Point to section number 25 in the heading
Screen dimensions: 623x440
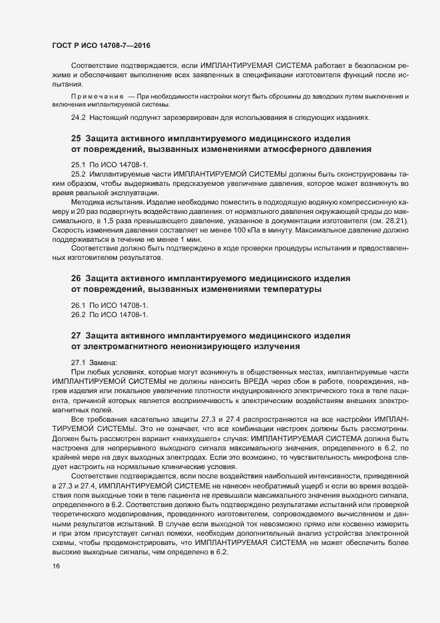coord(75,138)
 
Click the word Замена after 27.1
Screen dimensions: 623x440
coord(101,362)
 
